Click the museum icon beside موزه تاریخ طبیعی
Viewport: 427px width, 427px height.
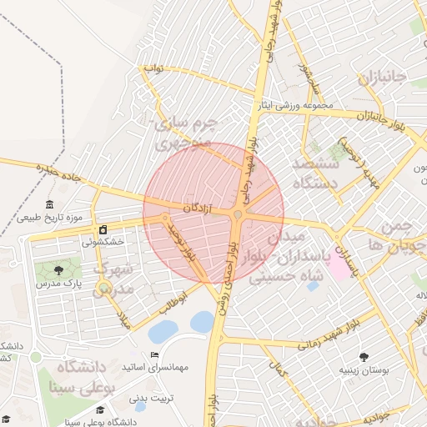(50, 205)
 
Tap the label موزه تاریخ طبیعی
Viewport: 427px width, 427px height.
(43, 219)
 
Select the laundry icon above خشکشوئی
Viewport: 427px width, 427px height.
(103, 229)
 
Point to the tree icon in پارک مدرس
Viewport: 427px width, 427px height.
(58, 270)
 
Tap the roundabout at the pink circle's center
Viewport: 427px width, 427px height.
(238, 215)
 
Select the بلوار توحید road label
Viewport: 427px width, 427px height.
(183, 241)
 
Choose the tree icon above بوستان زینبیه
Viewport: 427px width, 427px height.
(364, 356)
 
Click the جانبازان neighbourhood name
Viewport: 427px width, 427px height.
(382, 79)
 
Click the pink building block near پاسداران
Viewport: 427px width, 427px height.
(339, 266)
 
